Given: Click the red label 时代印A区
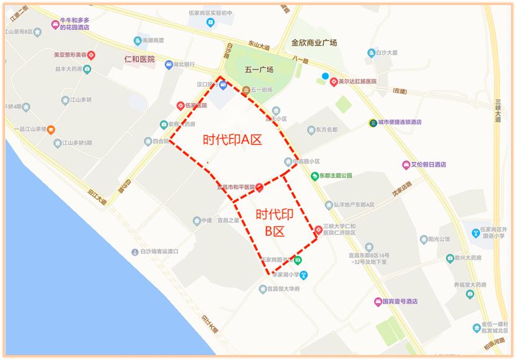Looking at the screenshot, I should [233, 140].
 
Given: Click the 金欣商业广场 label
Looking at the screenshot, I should [314, 43].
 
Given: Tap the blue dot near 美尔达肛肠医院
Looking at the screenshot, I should [325, 76].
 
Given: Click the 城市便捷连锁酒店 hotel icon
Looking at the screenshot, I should [372, 122].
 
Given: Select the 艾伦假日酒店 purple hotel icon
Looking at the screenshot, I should [406, 165].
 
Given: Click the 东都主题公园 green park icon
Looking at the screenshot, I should [314, 175].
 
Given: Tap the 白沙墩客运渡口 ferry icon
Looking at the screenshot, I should [134, 252].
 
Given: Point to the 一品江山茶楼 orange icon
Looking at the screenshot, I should [51, 130].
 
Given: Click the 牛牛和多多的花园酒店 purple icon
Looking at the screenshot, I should [55, 24].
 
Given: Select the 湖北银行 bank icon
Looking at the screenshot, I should [169, 64].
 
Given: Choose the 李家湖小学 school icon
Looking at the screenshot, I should [303, 275].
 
